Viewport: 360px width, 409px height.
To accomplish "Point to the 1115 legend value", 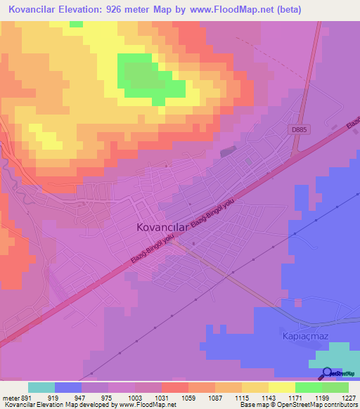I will pyautogui.click(x=229, y=397).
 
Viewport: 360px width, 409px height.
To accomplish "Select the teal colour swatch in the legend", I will pyautogui.click(x=41, y=387).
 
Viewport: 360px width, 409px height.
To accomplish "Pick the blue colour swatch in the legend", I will pyautogui.click(x=68, y=387).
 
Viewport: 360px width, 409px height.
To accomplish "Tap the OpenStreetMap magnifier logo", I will pyautogui.click(x=328, y=374).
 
